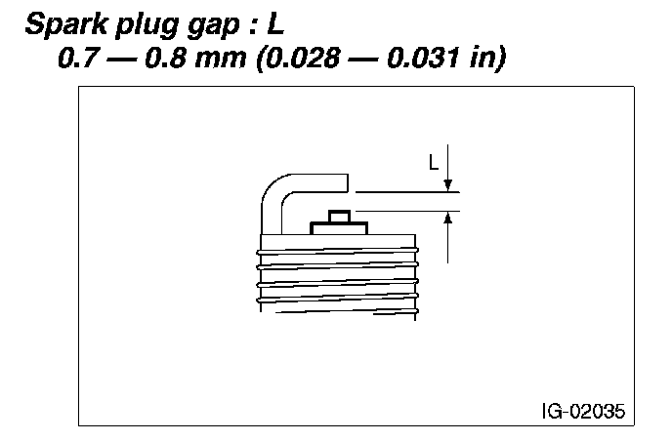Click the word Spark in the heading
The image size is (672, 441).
click(66, 24)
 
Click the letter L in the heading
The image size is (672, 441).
click(275, 24)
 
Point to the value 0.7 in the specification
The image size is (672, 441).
click(77, 57)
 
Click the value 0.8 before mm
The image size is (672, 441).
click(164, 57)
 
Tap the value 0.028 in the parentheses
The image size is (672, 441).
click(308, 57)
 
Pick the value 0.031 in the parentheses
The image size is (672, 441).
click(423, 57)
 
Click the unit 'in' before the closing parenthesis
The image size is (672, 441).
click(482, 57)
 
